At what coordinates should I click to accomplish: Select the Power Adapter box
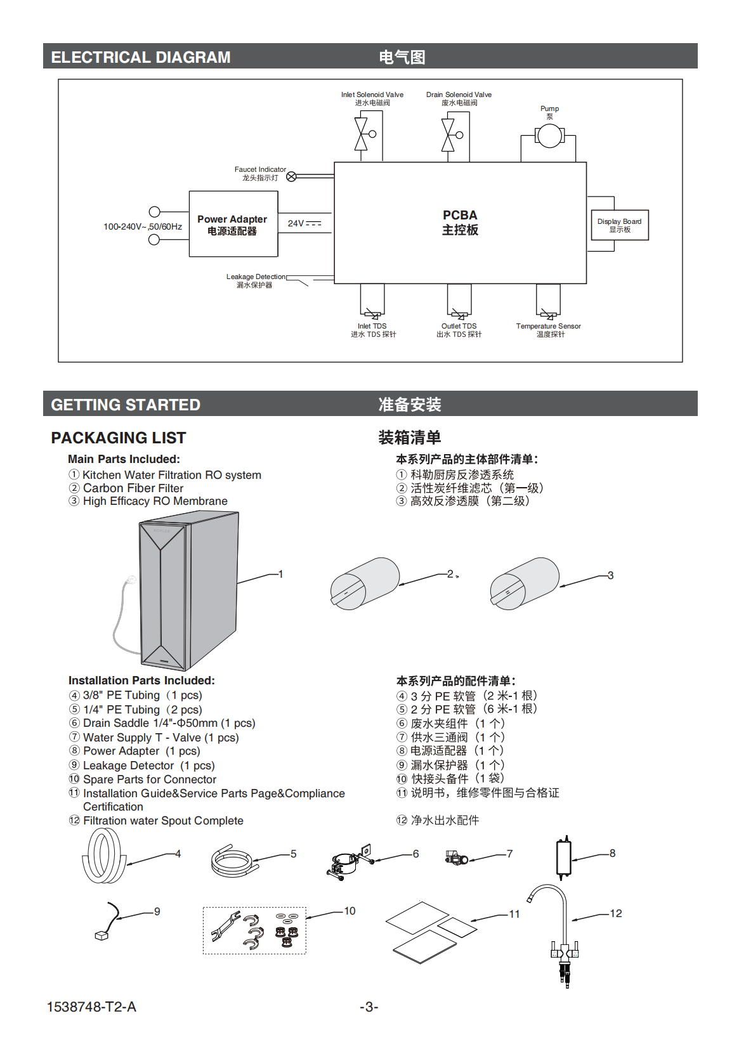click(x=233, y=224)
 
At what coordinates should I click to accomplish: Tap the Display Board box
click(x=619, y=225)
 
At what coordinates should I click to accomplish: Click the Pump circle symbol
click(x=549, y=136)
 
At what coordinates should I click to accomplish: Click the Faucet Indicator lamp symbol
click(x=291, y=177)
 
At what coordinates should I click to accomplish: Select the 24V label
click(x=296, y=223)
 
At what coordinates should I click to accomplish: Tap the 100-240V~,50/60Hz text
click(x=143, y=226)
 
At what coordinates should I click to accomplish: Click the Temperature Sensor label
click(x=548, y=327)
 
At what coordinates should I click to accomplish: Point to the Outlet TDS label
click(x=459, y=327)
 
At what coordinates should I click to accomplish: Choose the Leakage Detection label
click(x=256, y=277)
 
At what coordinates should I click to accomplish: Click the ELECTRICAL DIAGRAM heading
click(x=141, y=57)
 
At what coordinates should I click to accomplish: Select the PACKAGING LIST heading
click(x=119, y=438)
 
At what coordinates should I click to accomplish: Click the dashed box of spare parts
click(x=254, y=930)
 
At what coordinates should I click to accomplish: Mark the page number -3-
click(x=369, y=1007)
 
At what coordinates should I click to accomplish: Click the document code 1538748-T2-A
click(x=91, y=1007)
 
